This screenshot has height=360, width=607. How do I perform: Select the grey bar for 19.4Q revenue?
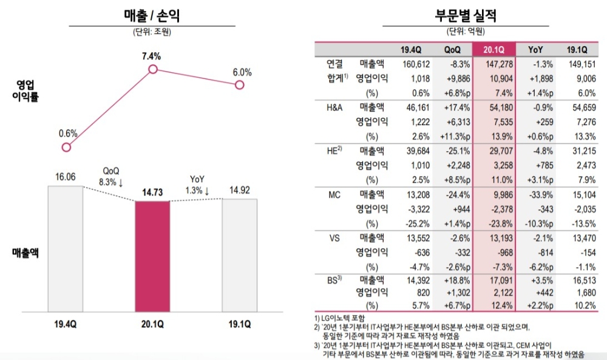tap(65, 248)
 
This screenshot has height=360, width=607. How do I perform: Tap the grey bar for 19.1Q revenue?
tap(239, 253)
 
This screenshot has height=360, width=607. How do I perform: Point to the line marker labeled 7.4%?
tap(153, 70)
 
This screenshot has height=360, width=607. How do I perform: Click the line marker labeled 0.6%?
tap(67, 147)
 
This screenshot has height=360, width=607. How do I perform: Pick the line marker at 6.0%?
tap(239, 85)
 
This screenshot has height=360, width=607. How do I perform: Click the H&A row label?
tap(335, 107)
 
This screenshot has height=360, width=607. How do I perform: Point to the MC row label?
tap(335, 195)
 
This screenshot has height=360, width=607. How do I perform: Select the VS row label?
tap(335, 238)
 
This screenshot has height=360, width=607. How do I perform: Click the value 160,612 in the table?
tap(416, 63)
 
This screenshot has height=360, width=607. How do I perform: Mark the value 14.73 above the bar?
tap(152, 192)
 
